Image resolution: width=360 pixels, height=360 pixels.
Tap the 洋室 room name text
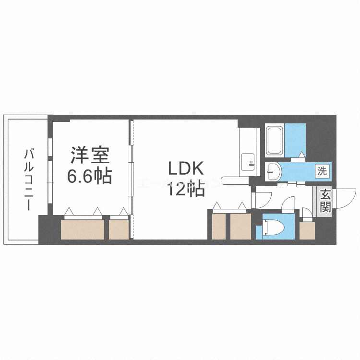point(90,156)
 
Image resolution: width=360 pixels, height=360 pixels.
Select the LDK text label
point(186,168)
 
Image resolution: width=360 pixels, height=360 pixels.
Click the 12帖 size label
point(186,189)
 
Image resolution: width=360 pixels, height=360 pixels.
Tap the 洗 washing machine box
point(322,170)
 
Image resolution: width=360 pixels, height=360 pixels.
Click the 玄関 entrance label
point(325,201)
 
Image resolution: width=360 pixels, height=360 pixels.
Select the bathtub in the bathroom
point(274,141)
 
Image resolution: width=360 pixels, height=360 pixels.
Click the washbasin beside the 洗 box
point(274,170)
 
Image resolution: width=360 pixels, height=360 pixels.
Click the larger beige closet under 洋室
point(83,228)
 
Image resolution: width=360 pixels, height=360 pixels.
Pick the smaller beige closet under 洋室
point(119,228)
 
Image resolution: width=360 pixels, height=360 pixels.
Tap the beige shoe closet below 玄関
point(307,230)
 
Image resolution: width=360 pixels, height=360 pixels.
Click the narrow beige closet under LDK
point(218,226)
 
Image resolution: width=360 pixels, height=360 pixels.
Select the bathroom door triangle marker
point(301,154)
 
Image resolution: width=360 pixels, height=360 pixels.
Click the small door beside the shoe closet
point(305,213)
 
